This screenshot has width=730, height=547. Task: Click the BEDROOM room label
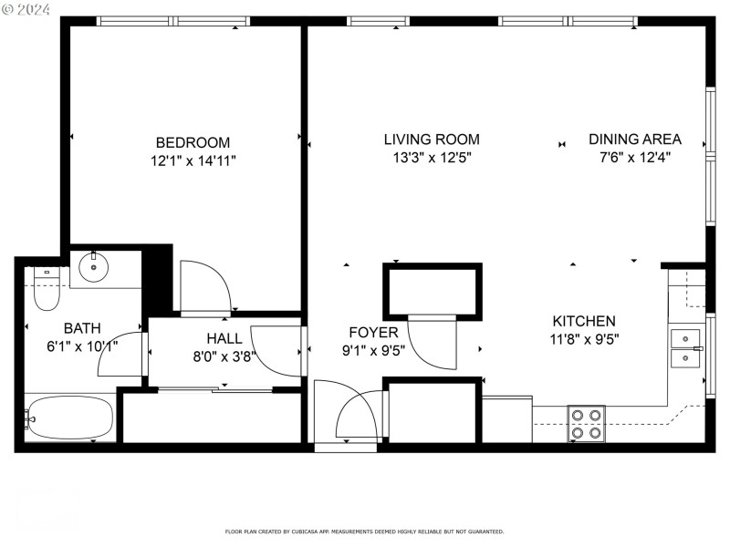(193, 142)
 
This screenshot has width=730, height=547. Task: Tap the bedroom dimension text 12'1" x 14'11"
(193, 161)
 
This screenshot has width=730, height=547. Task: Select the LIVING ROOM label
(431, 139)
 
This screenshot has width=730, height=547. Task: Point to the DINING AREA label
(634, 139)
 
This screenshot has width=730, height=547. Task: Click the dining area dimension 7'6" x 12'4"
(634, 158)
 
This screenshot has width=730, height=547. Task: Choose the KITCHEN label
(583, 321)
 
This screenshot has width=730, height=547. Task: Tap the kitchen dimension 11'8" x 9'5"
(583, 339)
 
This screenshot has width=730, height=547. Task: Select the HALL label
(224, 338)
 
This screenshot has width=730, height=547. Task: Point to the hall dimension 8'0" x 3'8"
(224, 357)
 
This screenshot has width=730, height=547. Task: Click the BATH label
(82, 328)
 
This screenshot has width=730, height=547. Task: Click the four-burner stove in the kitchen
(586, 423)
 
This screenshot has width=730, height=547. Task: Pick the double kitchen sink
(685, 347)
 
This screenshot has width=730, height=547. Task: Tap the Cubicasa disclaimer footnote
(364, 532)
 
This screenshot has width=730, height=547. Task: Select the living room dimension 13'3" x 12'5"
(431, 158)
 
